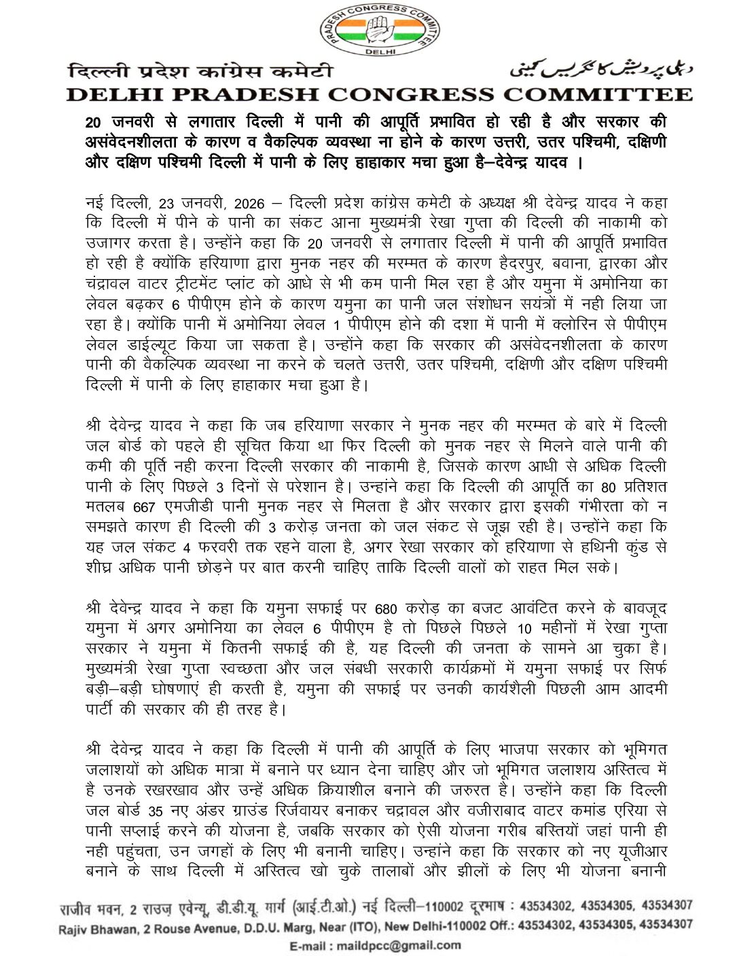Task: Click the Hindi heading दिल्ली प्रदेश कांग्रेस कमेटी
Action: click(201, 71)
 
